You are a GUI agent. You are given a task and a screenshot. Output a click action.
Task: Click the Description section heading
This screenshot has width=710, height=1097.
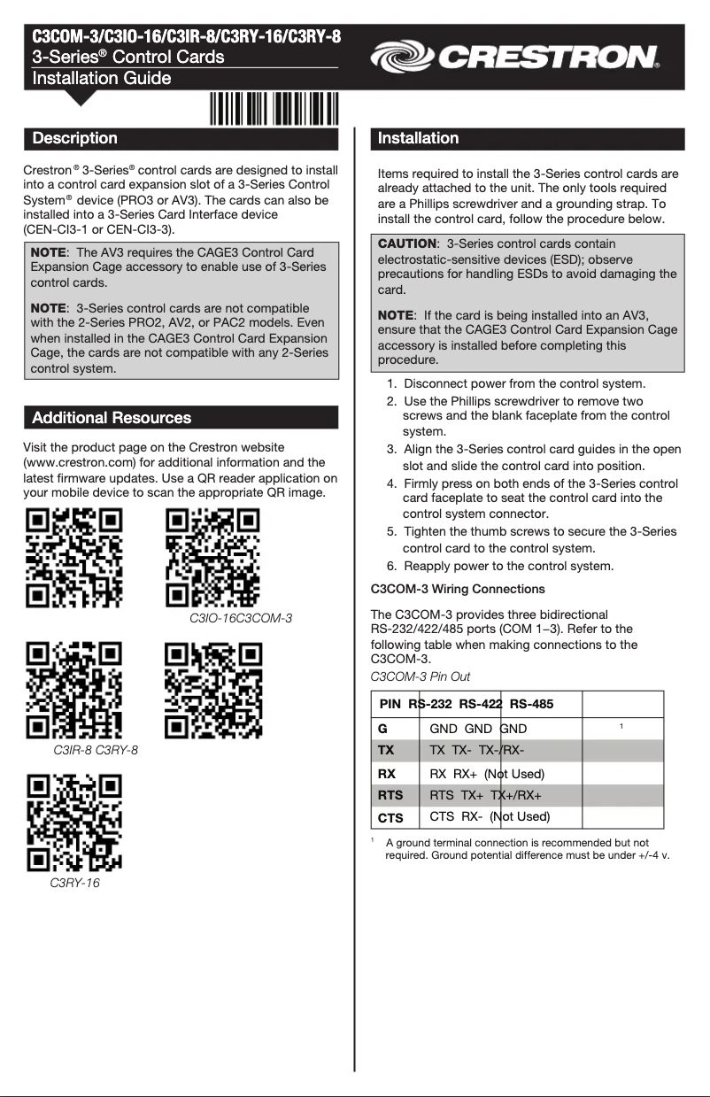(75, 138)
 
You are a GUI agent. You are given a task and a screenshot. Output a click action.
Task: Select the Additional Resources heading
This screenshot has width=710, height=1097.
(112, 417)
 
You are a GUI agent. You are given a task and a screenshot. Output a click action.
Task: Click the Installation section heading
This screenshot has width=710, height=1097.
(418, 138)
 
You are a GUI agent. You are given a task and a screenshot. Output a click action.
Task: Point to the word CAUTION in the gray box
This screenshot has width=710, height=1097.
(407, 243)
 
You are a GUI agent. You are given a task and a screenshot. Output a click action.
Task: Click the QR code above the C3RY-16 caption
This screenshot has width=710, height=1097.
(73, 823)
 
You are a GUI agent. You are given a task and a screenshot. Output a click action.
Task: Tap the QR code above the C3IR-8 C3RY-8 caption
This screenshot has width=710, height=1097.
(73, 691)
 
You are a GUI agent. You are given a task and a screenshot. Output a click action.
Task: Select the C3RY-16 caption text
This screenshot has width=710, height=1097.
(75, 883)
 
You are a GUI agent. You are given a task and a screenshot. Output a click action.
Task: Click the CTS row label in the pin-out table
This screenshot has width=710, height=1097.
(390, 818)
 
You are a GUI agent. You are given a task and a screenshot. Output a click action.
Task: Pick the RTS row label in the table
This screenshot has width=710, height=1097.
(390, 795)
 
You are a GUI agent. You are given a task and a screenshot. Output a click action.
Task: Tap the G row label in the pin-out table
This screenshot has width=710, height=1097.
(382, 729)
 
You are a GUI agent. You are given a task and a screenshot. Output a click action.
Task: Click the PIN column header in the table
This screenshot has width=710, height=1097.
(390, 704)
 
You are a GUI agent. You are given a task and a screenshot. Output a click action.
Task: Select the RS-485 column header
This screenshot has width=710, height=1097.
(531, 704)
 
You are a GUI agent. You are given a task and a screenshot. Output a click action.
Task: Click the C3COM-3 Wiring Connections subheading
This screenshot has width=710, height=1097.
(457, 589)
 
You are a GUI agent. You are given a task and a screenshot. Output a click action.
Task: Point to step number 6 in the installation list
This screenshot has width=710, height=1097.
(391, 566)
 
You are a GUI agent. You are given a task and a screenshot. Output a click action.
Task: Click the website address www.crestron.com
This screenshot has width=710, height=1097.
(78, 462)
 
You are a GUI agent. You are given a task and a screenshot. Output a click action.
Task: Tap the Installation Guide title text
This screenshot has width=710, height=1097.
(102, 79)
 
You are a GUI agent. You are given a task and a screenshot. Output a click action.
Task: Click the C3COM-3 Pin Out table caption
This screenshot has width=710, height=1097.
(420, 676)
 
